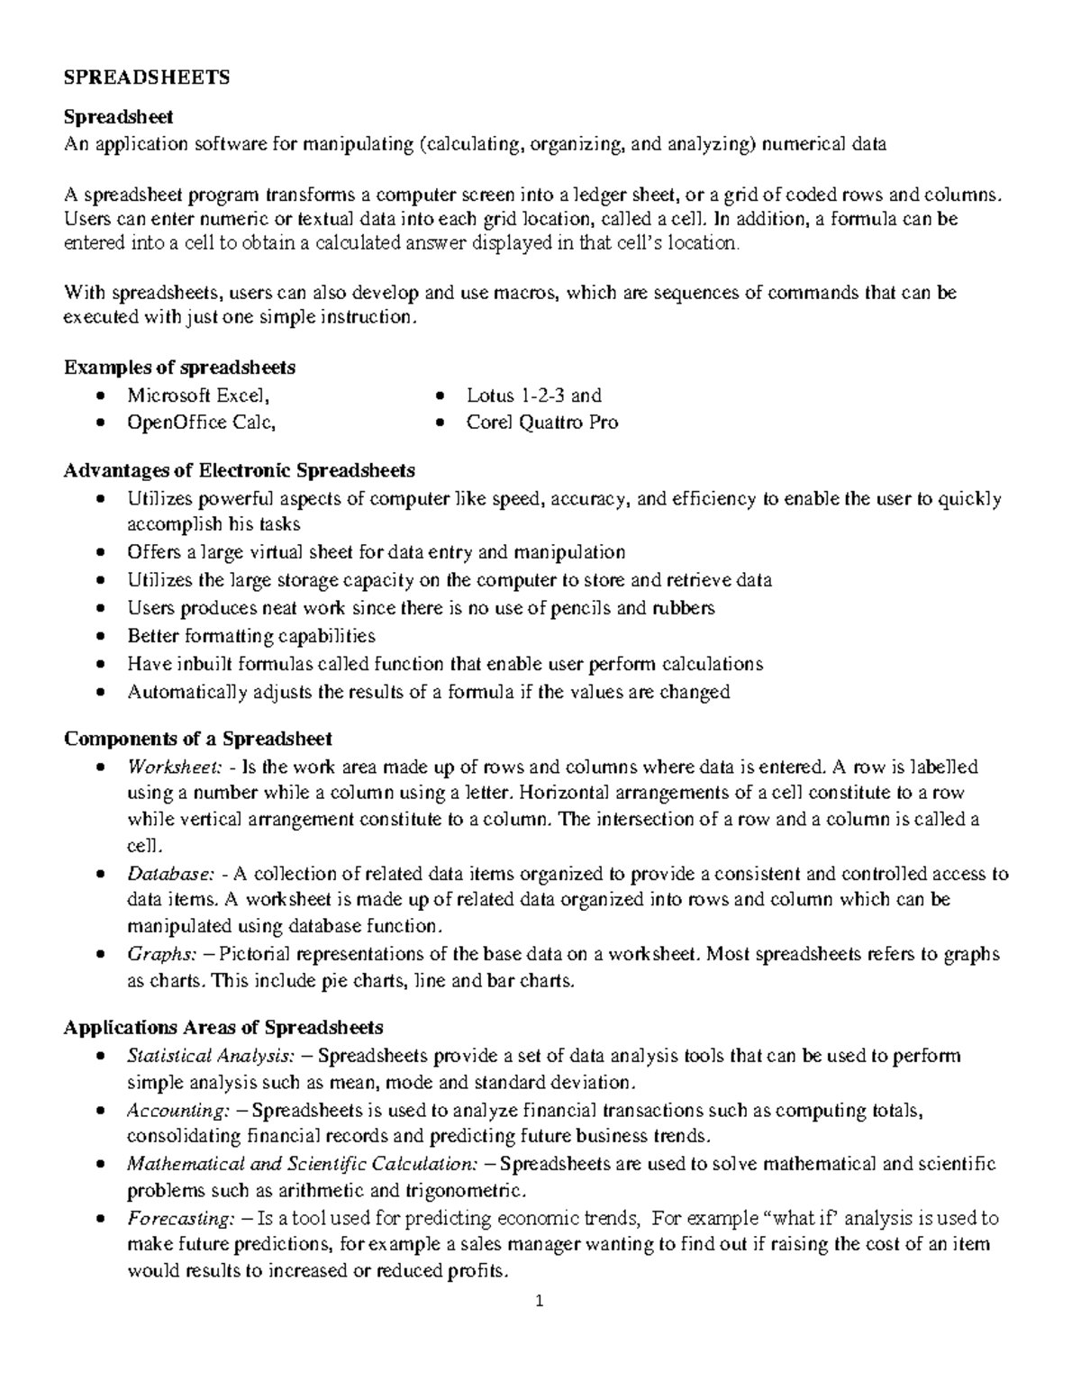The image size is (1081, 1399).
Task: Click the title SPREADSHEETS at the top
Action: pyautogui.click(x=147, y=77)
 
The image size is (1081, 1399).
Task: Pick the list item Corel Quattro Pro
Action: pyautogui.click(x=541, y=422)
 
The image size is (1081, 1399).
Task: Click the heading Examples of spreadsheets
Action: pyautogui.click(x=179, y=368)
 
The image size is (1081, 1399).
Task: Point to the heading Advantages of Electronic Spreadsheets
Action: pyautogui.click(x=240, y=470)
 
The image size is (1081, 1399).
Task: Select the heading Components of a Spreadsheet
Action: pyautogui.click(x=198, y=739)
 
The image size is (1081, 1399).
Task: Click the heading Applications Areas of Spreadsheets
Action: pyautogui.click(x=223, y=1027)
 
